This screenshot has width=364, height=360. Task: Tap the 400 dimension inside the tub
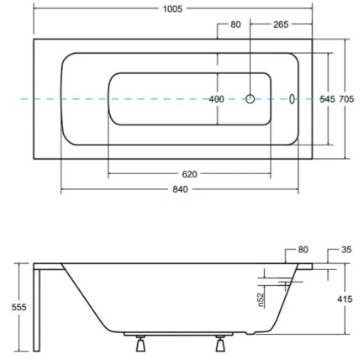(x=217, y=99)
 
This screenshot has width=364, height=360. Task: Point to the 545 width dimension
(x=328, y=99)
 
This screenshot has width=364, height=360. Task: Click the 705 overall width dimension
(x=346, y=99)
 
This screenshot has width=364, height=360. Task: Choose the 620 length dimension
(x=189, y=174)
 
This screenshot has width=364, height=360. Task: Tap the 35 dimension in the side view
(x=346, y=250)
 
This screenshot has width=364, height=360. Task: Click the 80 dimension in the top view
(x=235, y=24)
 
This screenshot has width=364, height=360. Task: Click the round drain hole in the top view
(x=250, y=99)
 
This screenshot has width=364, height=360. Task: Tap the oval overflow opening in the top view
(x=292, y=99)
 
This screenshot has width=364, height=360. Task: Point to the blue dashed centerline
(x=84, y=99)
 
